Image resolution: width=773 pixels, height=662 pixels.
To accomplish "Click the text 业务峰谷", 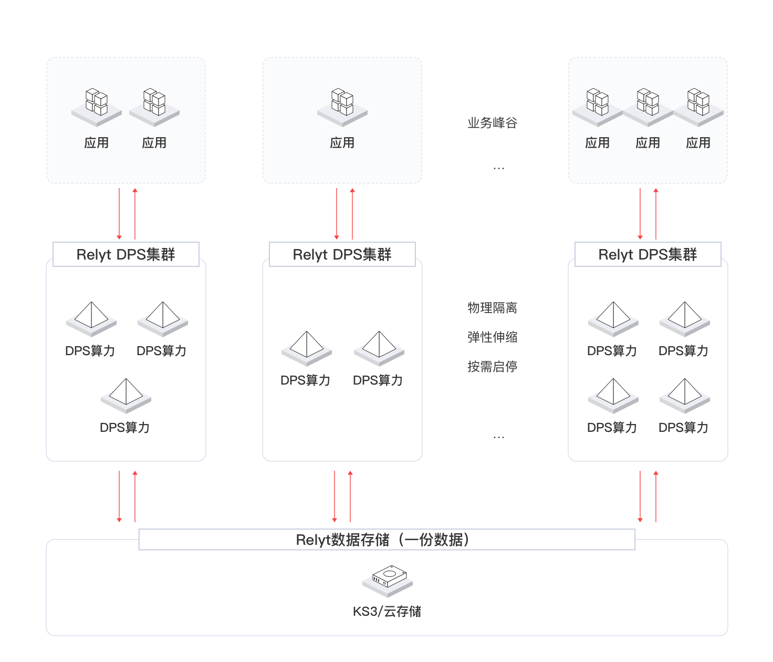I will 492,123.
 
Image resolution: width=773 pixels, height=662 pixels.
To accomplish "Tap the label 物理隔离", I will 492,308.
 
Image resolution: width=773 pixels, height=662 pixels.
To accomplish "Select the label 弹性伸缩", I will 492,337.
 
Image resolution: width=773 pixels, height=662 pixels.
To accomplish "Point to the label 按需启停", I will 492,367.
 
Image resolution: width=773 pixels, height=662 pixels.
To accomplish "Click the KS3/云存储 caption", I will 387,612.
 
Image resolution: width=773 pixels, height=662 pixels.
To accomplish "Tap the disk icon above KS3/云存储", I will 388,580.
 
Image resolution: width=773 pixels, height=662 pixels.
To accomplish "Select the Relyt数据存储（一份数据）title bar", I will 386,540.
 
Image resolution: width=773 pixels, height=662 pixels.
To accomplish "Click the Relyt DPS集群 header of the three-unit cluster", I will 126,254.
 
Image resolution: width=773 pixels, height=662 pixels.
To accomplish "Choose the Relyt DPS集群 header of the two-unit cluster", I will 342,254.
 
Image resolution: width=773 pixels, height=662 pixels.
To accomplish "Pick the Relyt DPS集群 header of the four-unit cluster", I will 648,254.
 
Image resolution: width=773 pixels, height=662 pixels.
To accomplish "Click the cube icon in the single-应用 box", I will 342,105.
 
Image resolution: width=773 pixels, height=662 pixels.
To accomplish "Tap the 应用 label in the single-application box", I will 342,143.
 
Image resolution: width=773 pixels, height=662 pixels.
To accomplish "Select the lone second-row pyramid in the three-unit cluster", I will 126,395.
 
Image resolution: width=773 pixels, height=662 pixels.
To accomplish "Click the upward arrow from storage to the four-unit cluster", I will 656,496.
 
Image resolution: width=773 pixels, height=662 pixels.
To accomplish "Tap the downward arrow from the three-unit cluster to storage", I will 119,496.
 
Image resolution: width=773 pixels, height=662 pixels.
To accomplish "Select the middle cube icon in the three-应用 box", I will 648,105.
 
